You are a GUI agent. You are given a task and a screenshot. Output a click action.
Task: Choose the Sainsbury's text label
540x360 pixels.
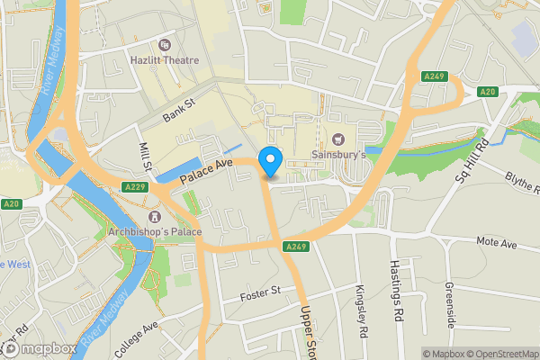click(338, 156)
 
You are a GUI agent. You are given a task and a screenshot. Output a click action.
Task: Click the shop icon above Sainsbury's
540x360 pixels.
click(338, 139)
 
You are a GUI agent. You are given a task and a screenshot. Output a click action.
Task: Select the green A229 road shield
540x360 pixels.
click(135, 186)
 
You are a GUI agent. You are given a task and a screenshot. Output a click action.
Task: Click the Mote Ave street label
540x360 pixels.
click(498, 243)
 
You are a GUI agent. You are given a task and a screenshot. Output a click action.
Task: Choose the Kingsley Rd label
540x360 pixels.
click(362, 311)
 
